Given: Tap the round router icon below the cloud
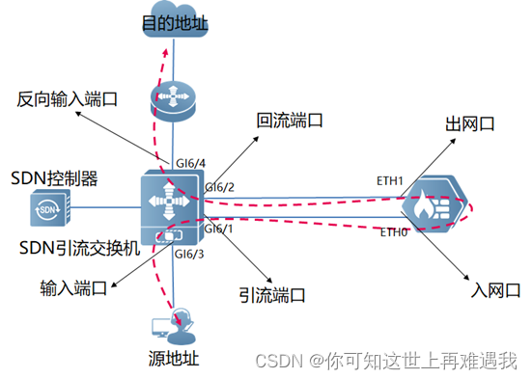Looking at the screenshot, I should tap(173, 97).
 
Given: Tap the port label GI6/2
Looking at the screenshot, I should tap(221, 187).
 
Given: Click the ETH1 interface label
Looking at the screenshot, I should tap(390, 181).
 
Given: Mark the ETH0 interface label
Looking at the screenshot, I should tap(394, 232).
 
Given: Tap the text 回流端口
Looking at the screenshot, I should tap(289, 122).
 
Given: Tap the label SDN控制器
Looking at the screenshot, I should tap(55, 178).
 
